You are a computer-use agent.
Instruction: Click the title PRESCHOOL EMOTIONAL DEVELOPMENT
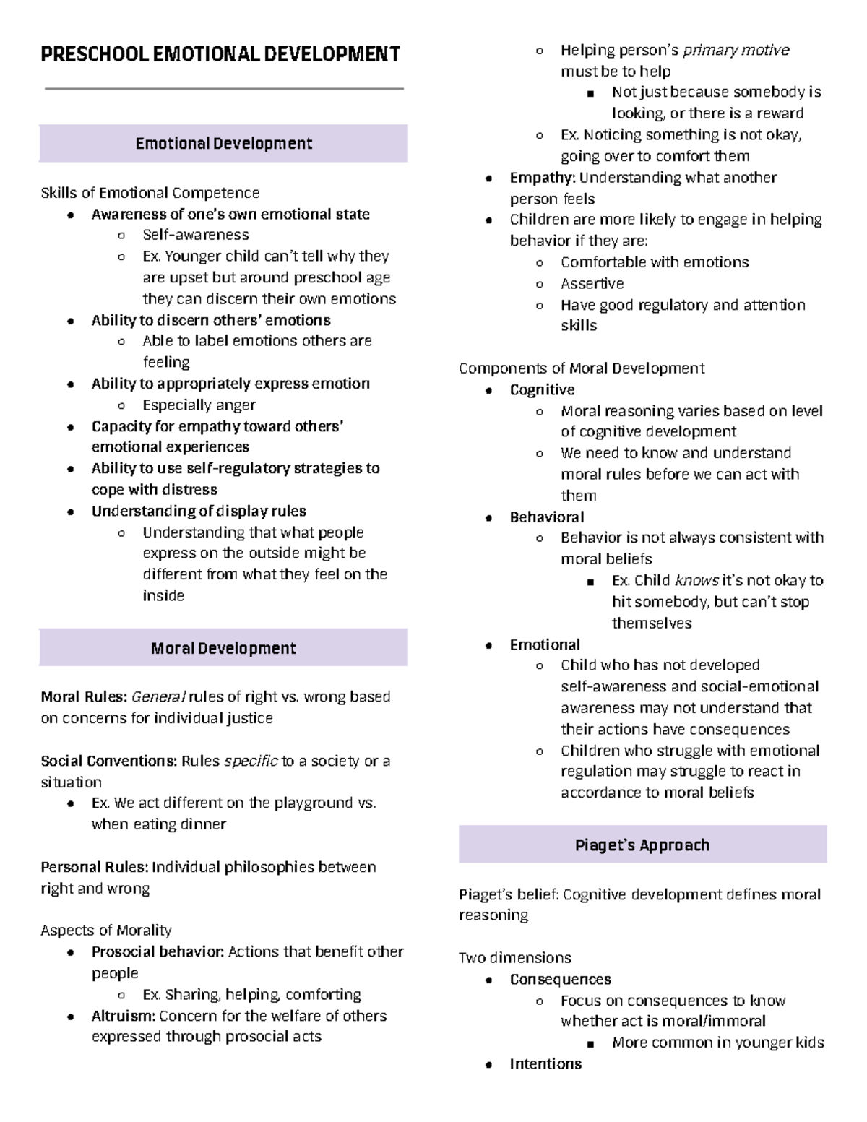click(220, 55)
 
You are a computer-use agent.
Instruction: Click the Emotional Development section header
click(223, 144)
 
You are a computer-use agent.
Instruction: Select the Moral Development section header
click(223, 649)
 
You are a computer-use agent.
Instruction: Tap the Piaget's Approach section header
click(642, 845)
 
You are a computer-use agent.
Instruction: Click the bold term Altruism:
click(123, 1016)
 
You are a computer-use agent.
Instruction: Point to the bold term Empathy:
click(543, 178)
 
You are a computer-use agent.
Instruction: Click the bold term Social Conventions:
click(108, 761)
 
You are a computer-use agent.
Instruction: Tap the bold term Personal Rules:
click(94, 867)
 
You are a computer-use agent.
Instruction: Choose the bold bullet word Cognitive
click(542, 390)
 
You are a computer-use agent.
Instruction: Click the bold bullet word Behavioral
click(547, 517)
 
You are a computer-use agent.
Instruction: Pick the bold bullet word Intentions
click(545, 1064)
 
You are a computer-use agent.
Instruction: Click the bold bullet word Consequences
click(560, 980)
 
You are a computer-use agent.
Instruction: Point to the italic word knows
click(696, 581)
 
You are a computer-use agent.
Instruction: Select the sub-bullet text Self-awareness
click(195, 235)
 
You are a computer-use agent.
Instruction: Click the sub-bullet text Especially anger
click(199, 405)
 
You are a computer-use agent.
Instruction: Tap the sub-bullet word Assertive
click(592, 284)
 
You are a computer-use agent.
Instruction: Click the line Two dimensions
click(514, 958)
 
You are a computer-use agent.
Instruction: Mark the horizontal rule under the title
click(224, 89)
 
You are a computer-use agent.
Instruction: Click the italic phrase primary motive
click(736, 51)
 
